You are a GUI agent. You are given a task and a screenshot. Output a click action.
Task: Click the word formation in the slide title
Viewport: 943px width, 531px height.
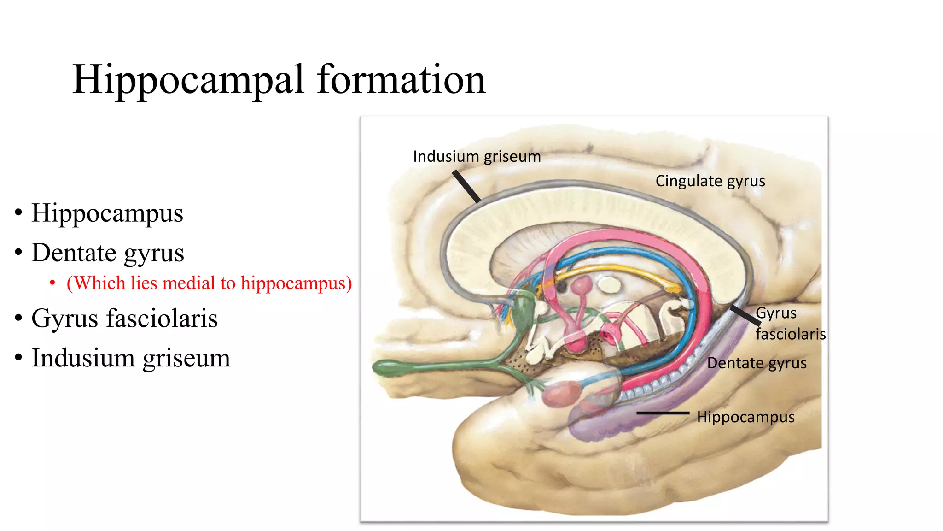(x=401, y=79)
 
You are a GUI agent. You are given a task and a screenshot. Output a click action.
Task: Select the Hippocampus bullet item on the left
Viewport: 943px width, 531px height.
(x=107, y=213)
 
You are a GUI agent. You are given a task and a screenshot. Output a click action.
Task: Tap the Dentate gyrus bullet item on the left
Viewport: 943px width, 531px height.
(x=107, y=253)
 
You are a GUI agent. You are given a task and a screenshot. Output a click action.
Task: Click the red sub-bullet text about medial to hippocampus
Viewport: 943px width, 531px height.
(x=209, y=283)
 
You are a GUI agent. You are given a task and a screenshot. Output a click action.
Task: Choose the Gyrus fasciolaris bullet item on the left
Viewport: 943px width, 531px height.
(x=124, y=319)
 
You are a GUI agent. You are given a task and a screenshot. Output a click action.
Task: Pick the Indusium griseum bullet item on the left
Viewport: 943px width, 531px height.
(x=130, y=358)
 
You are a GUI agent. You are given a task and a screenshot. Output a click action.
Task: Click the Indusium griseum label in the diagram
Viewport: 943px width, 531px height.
(x=477, y=157)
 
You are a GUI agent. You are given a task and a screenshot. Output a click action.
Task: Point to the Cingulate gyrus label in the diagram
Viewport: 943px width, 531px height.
(x=710, y=181)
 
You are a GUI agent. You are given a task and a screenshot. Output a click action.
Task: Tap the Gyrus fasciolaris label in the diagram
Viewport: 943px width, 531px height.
(x=790, y=324)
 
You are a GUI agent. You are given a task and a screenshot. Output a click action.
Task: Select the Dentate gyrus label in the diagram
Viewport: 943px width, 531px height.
(x=757, y=363)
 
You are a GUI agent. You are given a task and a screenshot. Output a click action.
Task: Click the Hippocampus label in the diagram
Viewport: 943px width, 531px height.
(x=745, y=417)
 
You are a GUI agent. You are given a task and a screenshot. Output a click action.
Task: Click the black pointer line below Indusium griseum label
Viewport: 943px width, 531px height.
(x=466, y=186)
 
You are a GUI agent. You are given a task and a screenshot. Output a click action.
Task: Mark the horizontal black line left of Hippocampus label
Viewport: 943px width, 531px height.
(x=663, y=413)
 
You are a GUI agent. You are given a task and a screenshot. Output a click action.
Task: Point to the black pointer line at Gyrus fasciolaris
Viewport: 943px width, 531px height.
(x=745, y=315)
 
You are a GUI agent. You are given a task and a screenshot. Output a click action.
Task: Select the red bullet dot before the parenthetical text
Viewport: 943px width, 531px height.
(x=52, y=283)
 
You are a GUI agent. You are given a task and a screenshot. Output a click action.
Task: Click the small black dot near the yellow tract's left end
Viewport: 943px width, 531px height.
(x=561, y=287)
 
